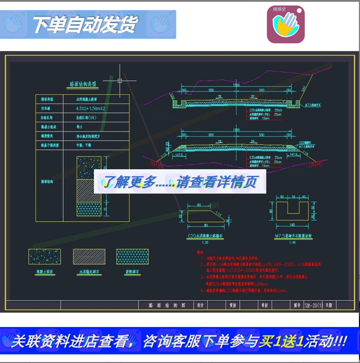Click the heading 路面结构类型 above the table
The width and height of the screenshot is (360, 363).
(x=83, y=84)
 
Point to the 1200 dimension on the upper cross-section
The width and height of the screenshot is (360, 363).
(x=236, y=85)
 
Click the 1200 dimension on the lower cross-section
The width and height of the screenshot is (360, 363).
(x=236, y=130)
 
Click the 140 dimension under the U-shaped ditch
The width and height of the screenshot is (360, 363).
(x=292, y=225)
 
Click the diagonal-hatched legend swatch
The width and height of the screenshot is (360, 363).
(x=89, y=257)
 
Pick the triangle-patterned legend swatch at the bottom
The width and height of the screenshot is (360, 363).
(x=132, y=257)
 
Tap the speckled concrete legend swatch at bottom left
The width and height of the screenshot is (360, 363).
(x=45, y=257)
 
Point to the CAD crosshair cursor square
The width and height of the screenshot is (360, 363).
(x=120, y=81)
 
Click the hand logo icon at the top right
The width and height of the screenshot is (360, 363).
(x=285, y=24)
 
